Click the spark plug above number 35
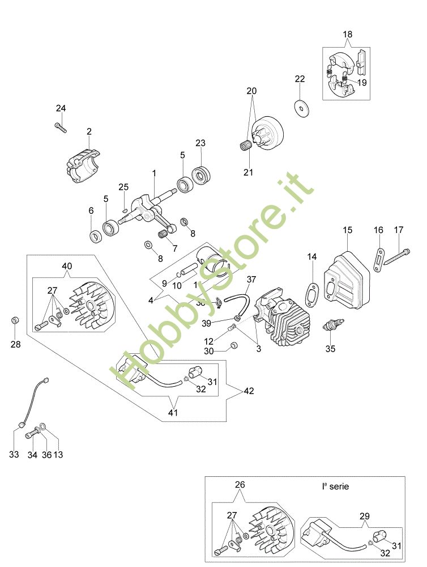pyautogui.click(x=331, y=327)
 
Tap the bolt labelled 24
pyautogui.click(x=61, y=127)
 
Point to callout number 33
pyautogui.click(x=14, y=454)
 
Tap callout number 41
pyautogui.click(x=173, y=413)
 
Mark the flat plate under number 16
pyautogui.click(x=379, y=257)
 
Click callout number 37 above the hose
pyautogui.click(x=251, y=279)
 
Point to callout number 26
pyautogui.click(x=240, y=485)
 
